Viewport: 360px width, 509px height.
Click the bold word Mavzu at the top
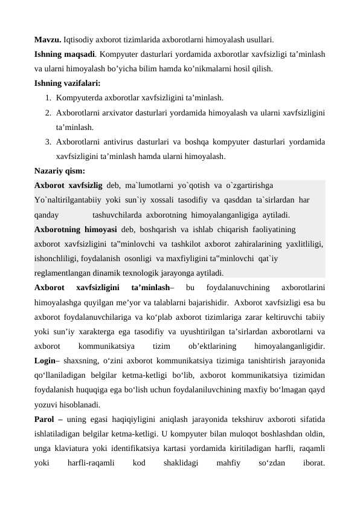47,41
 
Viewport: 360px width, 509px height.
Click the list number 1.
47,97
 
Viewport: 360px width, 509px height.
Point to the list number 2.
47,112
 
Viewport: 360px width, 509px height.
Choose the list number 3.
47,143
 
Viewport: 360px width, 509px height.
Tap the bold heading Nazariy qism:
59,171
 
